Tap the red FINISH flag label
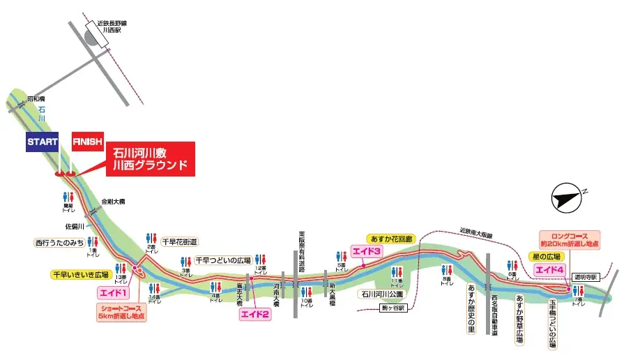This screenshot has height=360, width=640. (88, 141)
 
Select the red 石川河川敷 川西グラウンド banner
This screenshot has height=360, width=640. (151, 158)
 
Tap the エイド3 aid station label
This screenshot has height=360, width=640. (367, 251)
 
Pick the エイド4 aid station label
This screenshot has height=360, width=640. (549, 269)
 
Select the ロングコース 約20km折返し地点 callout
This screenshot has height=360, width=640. (570, 239)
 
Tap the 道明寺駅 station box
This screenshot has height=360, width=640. (583, 276)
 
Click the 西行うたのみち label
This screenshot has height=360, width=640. (59, 243)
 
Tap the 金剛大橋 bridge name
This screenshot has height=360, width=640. (112, 201)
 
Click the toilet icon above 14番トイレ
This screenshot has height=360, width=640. (155, 289)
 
